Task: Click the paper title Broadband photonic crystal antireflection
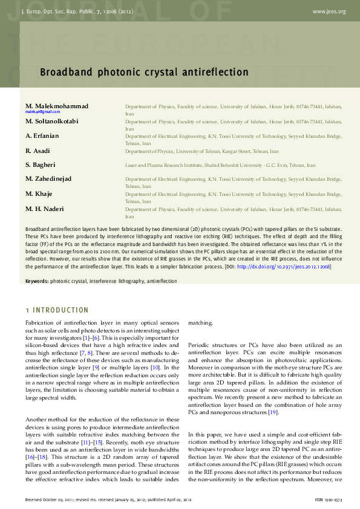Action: tap(144, 73)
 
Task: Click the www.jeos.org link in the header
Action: tap(329, 11)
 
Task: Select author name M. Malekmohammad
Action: tap(57, 106)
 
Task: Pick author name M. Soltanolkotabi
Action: tap(52, 121)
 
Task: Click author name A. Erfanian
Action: tap(42, 136)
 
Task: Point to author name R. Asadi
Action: tap(38, 151)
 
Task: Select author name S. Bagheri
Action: tap(40, 164)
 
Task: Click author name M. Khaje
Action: tap(39, 193)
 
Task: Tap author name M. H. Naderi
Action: tap(45, 209)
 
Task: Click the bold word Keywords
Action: tap(36, 281)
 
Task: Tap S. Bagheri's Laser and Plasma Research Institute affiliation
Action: tap(220, 165)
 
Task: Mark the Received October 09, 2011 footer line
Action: tap(108, 500)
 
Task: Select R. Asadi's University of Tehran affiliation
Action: tap(202, 151)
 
